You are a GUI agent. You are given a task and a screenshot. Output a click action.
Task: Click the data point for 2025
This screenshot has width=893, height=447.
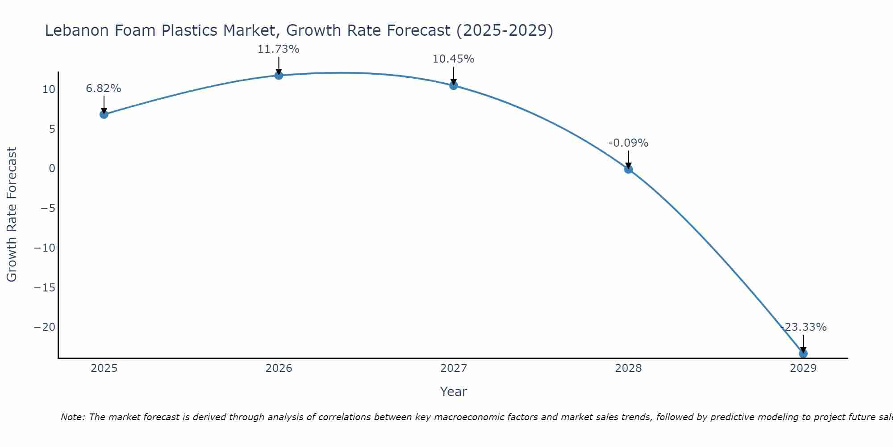click(x=104, y=114)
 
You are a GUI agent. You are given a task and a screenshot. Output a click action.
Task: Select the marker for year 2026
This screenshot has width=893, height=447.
click(x=279, y=75)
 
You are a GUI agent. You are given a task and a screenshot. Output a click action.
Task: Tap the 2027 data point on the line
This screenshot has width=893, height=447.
click(x=454, y=85)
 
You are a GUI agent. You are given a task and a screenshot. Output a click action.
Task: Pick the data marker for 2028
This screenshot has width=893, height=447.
click(x=628, y=169)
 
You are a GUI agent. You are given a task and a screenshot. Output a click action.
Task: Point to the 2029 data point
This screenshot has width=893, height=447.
click(x=803, y=354)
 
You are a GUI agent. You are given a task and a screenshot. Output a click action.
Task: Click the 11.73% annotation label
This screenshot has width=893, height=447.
click(x=278, y=49)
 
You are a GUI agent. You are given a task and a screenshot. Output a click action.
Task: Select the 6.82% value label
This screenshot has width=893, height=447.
click(x=104, y=89)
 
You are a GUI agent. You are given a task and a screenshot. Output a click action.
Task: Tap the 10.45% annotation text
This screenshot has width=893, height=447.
click(x=453, y=59)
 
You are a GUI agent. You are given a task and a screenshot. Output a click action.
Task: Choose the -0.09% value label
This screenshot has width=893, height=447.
click(x=628, y=143)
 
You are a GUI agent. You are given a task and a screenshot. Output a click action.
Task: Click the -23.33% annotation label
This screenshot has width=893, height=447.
click(x=804, y=327)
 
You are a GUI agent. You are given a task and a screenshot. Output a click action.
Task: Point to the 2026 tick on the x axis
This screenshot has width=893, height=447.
click(x=279, y=368)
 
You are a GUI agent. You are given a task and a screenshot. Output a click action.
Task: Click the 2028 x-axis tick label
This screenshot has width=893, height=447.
click(x=628, y=368)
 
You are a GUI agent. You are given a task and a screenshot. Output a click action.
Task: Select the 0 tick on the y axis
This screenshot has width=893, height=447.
click(x=52, y=169)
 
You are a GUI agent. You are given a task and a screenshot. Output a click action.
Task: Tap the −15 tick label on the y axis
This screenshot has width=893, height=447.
click(x=45, y=287)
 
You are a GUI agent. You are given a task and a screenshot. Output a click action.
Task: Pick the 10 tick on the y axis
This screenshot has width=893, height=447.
click(x=49, y=89)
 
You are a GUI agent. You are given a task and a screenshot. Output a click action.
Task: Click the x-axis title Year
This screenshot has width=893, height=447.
click(x=453, y=392)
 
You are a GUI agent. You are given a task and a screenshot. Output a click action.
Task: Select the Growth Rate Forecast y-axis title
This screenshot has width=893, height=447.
click(x=12, y=214)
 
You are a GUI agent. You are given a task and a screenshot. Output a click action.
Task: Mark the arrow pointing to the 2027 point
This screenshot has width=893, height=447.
click(x=454, y=75)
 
